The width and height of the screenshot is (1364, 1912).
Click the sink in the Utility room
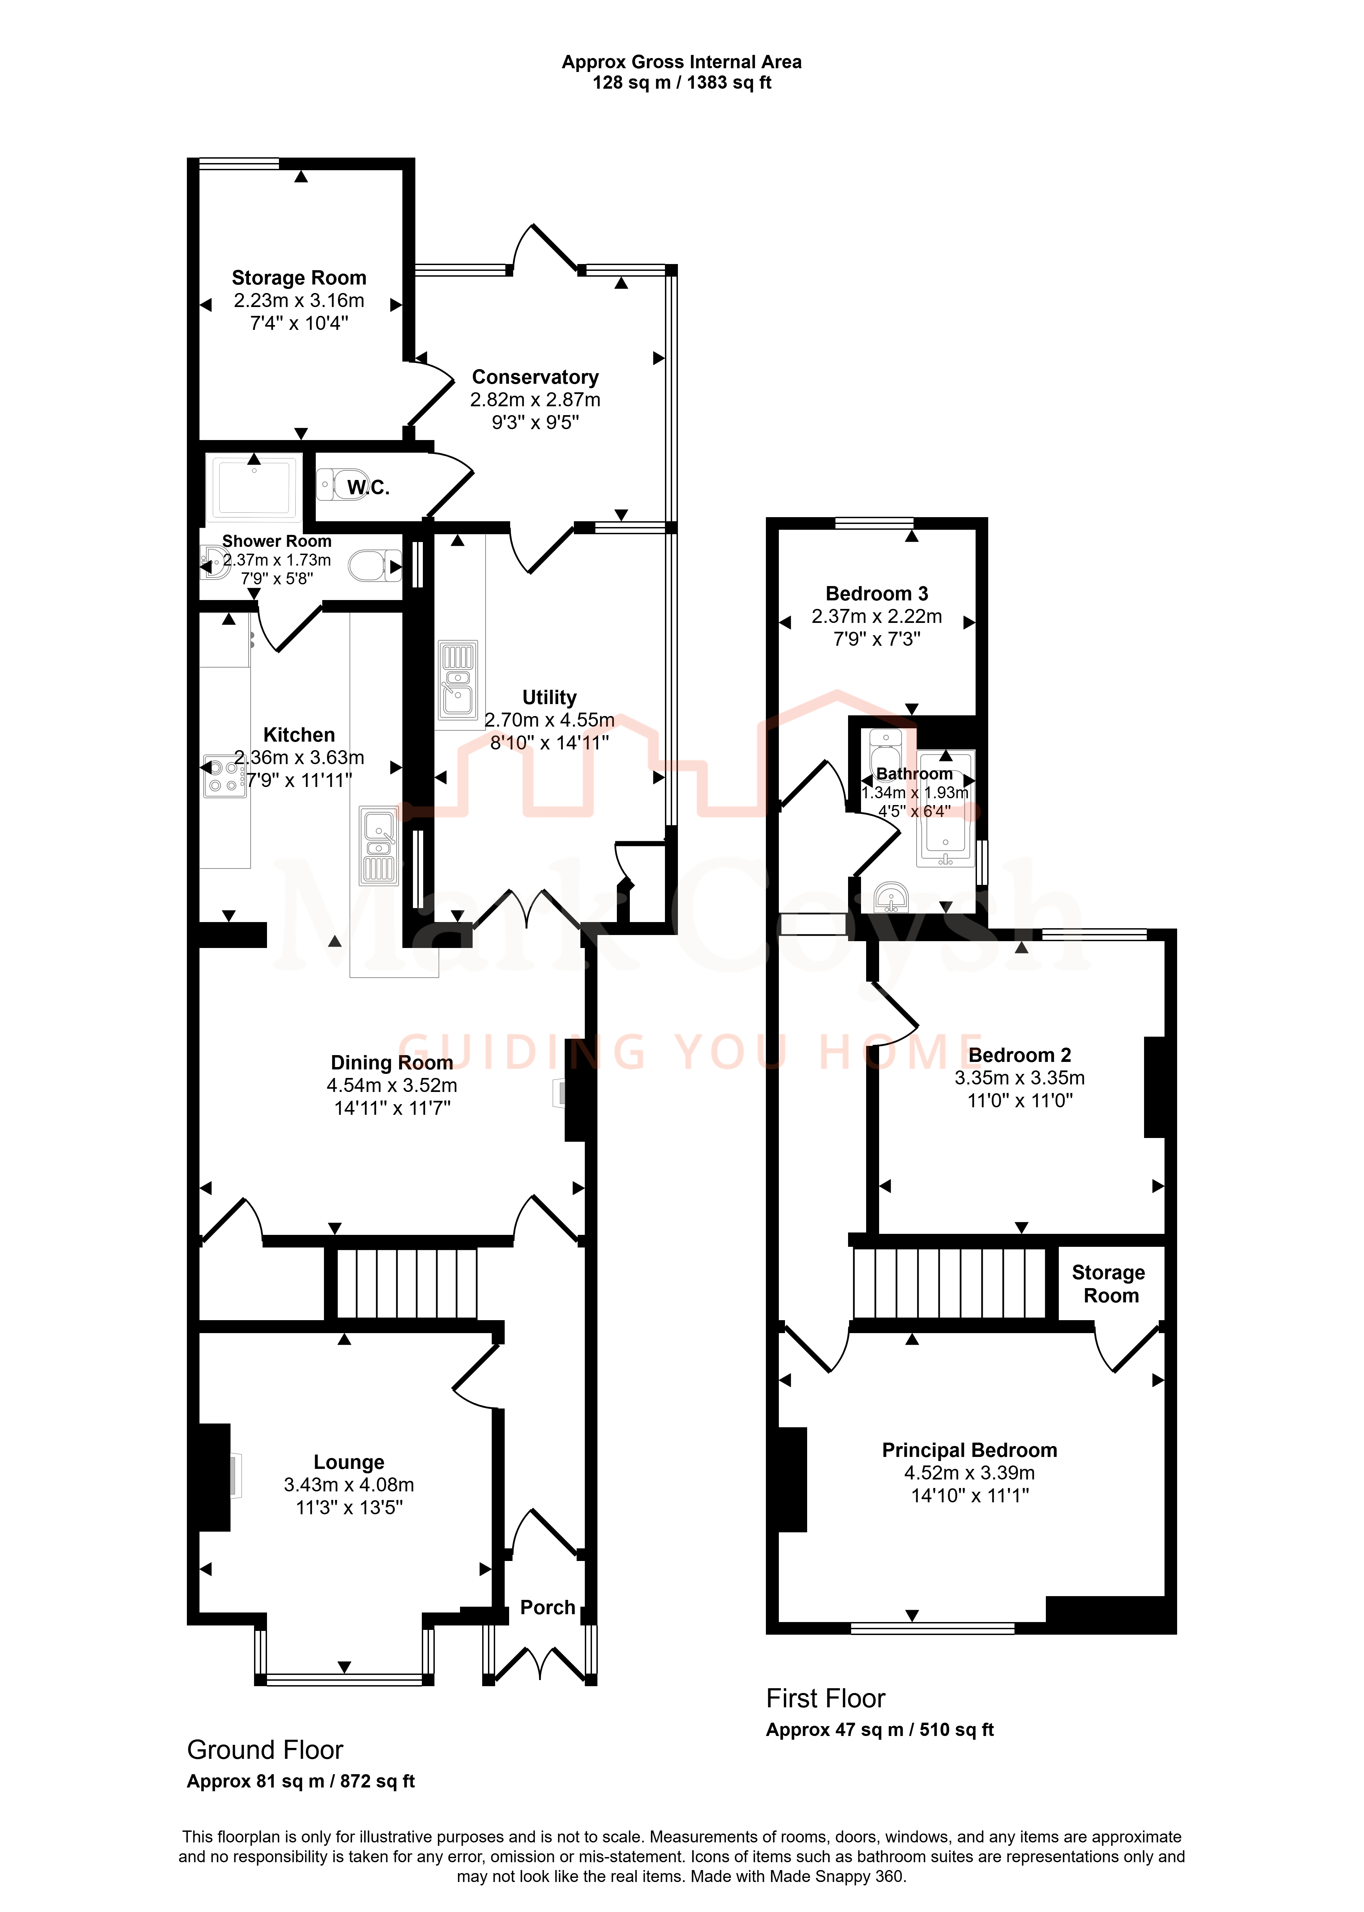458,679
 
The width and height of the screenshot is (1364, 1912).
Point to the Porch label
548,1607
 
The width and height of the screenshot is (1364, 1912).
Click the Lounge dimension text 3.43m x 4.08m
349,1485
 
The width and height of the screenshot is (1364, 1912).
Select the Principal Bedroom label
969,1450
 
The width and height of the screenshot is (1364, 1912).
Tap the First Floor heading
826,1698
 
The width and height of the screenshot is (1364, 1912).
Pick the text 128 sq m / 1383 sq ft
682,82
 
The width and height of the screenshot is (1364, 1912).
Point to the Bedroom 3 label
877,594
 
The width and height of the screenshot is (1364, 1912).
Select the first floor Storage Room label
1109,1284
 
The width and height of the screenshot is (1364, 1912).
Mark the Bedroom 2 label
1020,1055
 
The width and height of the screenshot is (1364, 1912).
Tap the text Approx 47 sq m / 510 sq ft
879,1730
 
